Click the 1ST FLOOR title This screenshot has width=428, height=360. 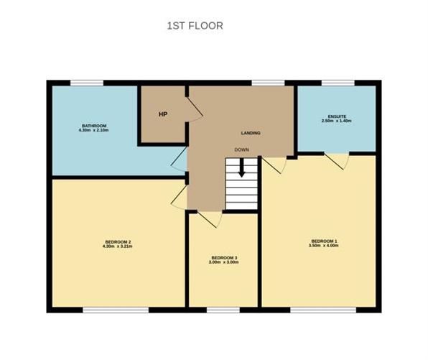click(195, 26)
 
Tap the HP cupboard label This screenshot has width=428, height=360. click(163, 114)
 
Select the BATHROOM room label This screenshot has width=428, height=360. click(94, 126)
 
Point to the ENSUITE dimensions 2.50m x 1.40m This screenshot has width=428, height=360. click(336, 121)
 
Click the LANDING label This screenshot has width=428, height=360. click(251, 133)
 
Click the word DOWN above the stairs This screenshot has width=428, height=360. click(241, 149)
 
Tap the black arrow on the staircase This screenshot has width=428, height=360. click(241, 168)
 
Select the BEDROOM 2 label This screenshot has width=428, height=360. click(118, 241)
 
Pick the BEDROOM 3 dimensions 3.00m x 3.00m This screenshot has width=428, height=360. click(223, 262)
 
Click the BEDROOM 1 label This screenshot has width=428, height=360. click(324, 241)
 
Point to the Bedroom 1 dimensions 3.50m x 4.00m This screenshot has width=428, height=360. click(323, 245)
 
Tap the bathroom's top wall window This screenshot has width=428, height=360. click(87, 83)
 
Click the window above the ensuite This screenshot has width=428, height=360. click(338, 83)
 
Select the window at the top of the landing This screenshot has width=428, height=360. click(268, 83)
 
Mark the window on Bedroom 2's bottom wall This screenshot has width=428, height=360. click(116, 310)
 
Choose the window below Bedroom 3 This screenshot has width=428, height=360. click(223, 310)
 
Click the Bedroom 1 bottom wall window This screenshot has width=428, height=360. click(323, 310)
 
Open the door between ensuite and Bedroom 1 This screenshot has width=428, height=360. click(337, 162)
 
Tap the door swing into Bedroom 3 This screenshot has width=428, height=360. click(210, 219)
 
